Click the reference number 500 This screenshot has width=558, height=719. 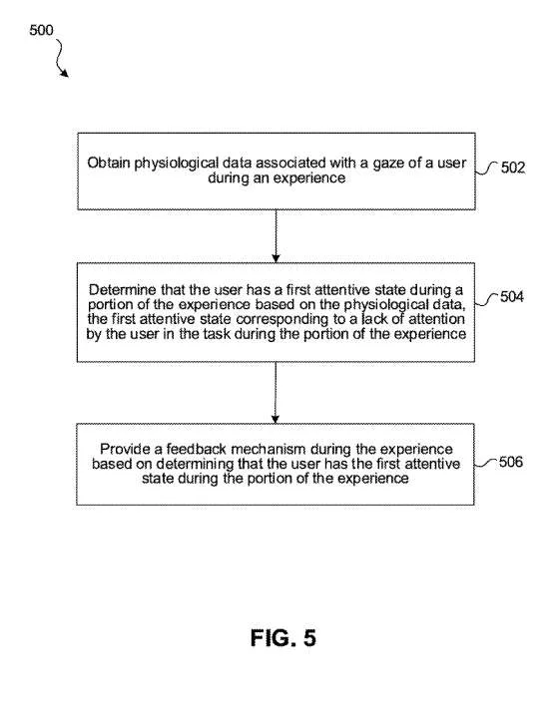pyautogui.click(x=41, y=30)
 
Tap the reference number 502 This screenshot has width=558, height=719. pyautogui.click(x=512, y=168)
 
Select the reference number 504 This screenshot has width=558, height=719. pyautogui.click(x=512, y=297)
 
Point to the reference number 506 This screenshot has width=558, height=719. pyautogui.click(x=511, y=462)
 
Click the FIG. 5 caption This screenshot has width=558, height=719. pyautogui.click(x=283, y=638)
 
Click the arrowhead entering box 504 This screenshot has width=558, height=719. pyautogui.click(x=276, y=258)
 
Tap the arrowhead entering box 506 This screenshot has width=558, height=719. pyautogui.click(x=276, y=419)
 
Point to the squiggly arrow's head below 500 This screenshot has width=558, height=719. pyautogui.click(x=65, y=73)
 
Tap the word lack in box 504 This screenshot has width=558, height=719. pyautogui.click(x=374, y=319)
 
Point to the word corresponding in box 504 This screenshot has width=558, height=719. pyautogui.click(x=283, y=319)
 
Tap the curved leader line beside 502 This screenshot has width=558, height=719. pyautogui.click(x=486, y=169)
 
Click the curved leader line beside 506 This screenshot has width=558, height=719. pyautogui.click(x=485, y=463)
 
